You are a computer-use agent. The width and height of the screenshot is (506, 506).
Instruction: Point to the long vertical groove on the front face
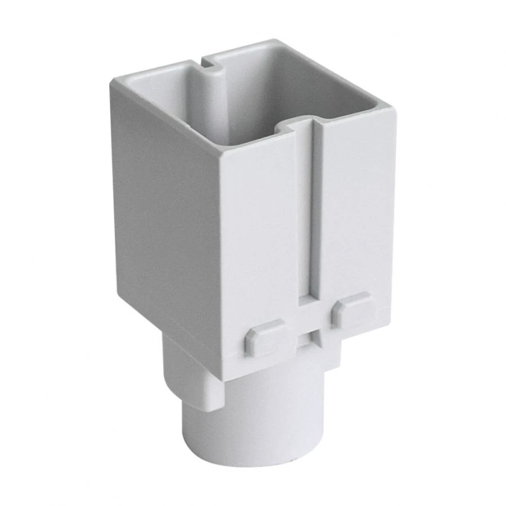(x=313, y=214)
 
